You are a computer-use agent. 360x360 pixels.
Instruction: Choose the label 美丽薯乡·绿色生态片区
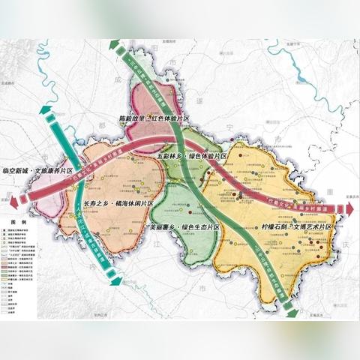(x=184, y=226)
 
